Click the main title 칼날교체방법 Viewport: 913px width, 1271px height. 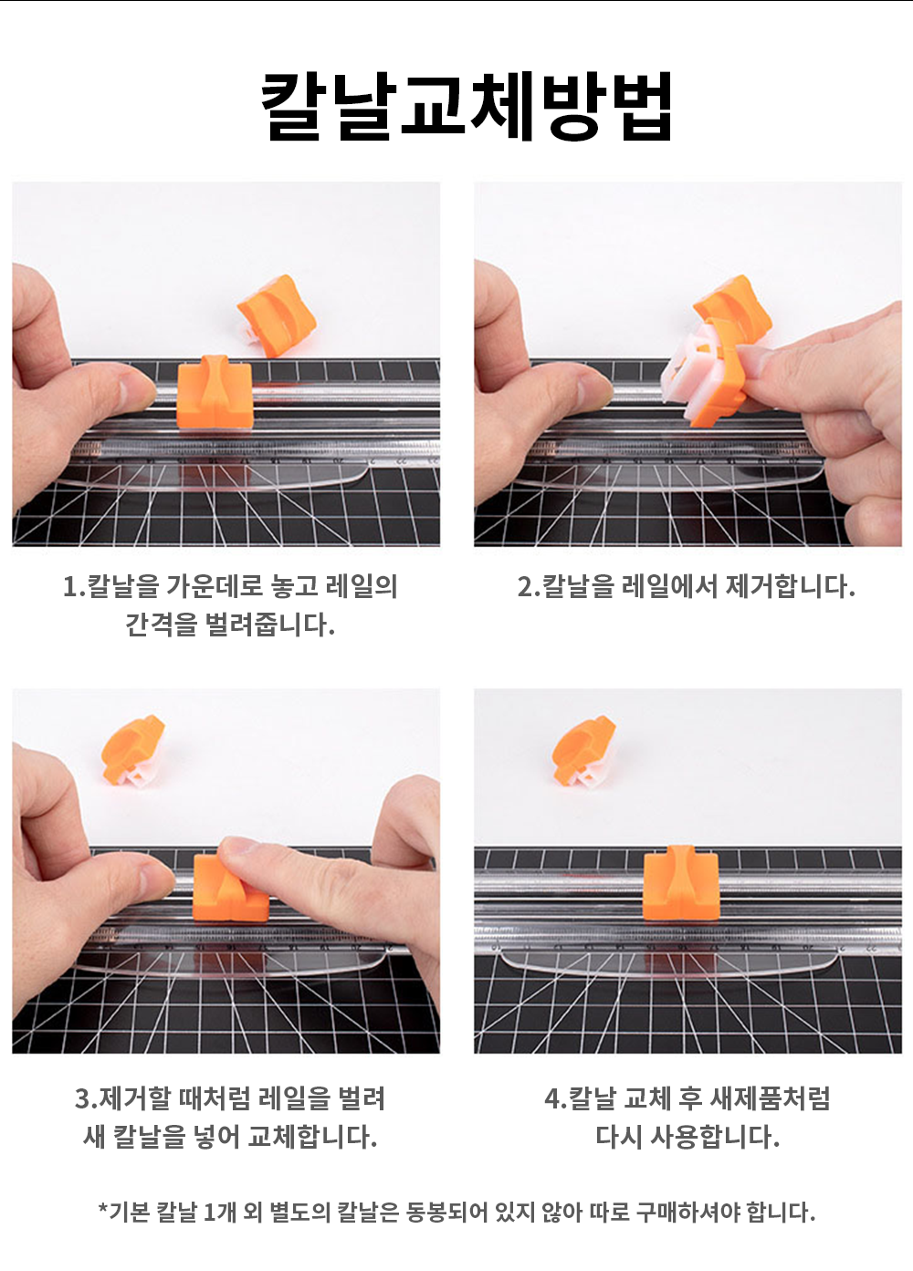tap(467, 106)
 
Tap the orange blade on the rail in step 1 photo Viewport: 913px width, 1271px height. tap(214, 392)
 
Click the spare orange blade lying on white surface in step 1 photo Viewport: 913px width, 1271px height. tap(276, 316)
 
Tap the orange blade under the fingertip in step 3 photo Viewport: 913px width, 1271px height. tap(230, 888)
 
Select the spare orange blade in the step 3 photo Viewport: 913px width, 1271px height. tap(133, 751)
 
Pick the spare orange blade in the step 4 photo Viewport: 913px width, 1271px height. tap(584, 751)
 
